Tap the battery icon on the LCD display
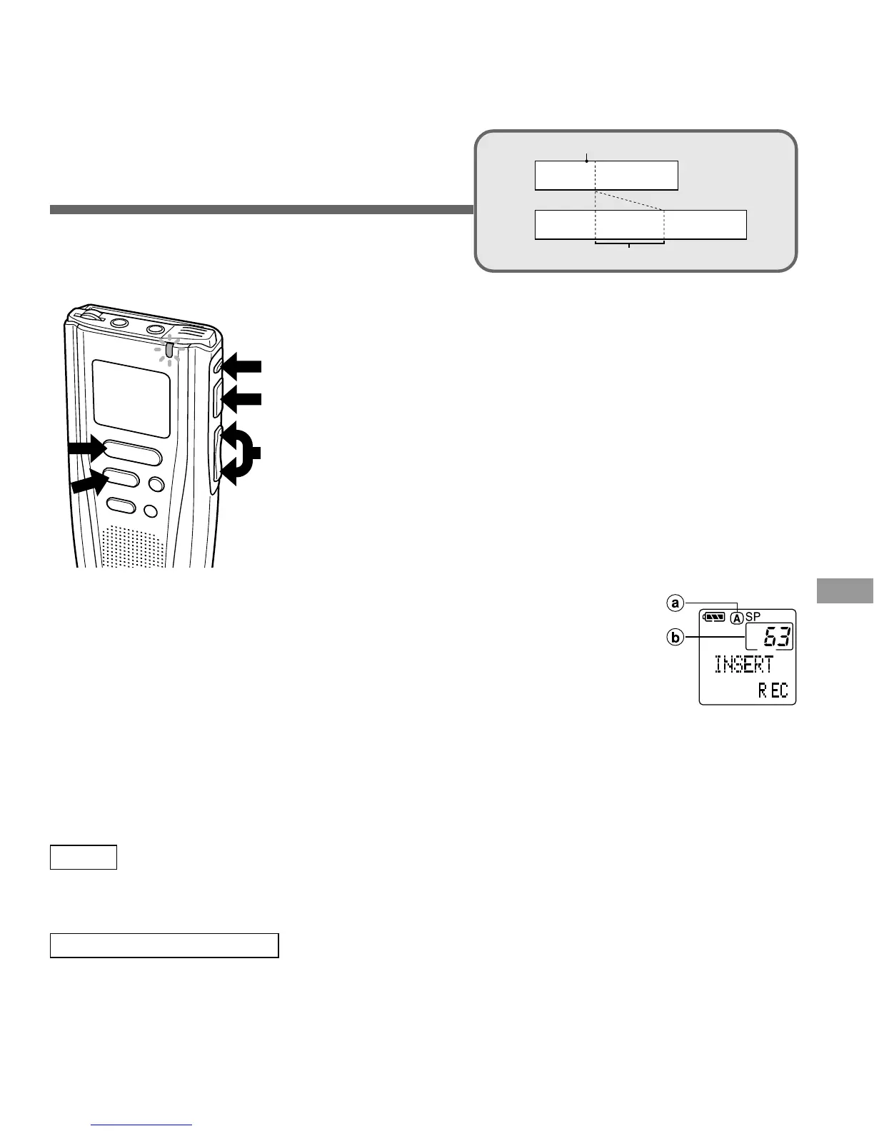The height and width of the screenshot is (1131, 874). [x=713, y=617]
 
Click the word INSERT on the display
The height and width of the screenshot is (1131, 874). [x=744, y=665]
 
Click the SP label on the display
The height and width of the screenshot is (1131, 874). [x=753, y=616]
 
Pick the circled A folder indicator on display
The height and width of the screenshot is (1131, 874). [x=737, y=618]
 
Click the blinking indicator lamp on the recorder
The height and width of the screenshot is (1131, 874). [x=169, y=350]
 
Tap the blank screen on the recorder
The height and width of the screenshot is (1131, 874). [x=131, y=398]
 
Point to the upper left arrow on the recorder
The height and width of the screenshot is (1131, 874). [x=86, y=448]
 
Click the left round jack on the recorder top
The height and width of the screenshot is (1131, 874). [x=119, y=322]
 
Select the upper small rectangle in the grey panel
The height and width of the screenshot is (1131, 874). [x=606, y=175]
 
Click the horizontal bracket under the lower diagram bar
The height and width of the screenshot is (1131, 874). [x=629, y=243]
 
